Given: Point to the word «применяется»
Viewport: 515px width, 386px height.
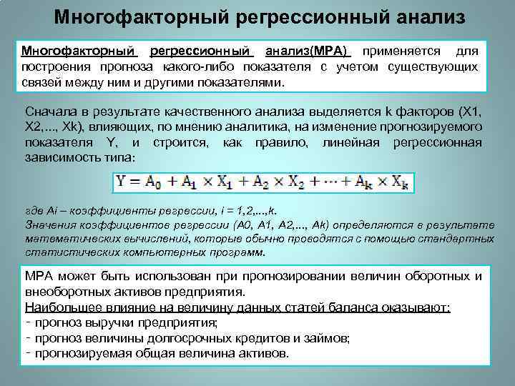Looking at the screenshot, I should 400,51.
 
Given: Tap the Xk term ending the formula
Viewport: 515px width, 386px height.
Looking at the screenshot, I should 398,182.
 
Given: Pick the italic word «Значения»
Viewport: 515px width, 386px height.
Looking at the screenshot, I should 49,226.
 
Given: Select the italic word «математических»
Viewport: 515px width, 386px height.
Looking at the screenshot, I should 68,239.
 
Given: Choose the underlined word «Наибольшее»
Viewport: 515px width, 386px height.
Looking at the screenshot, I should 59,307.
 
